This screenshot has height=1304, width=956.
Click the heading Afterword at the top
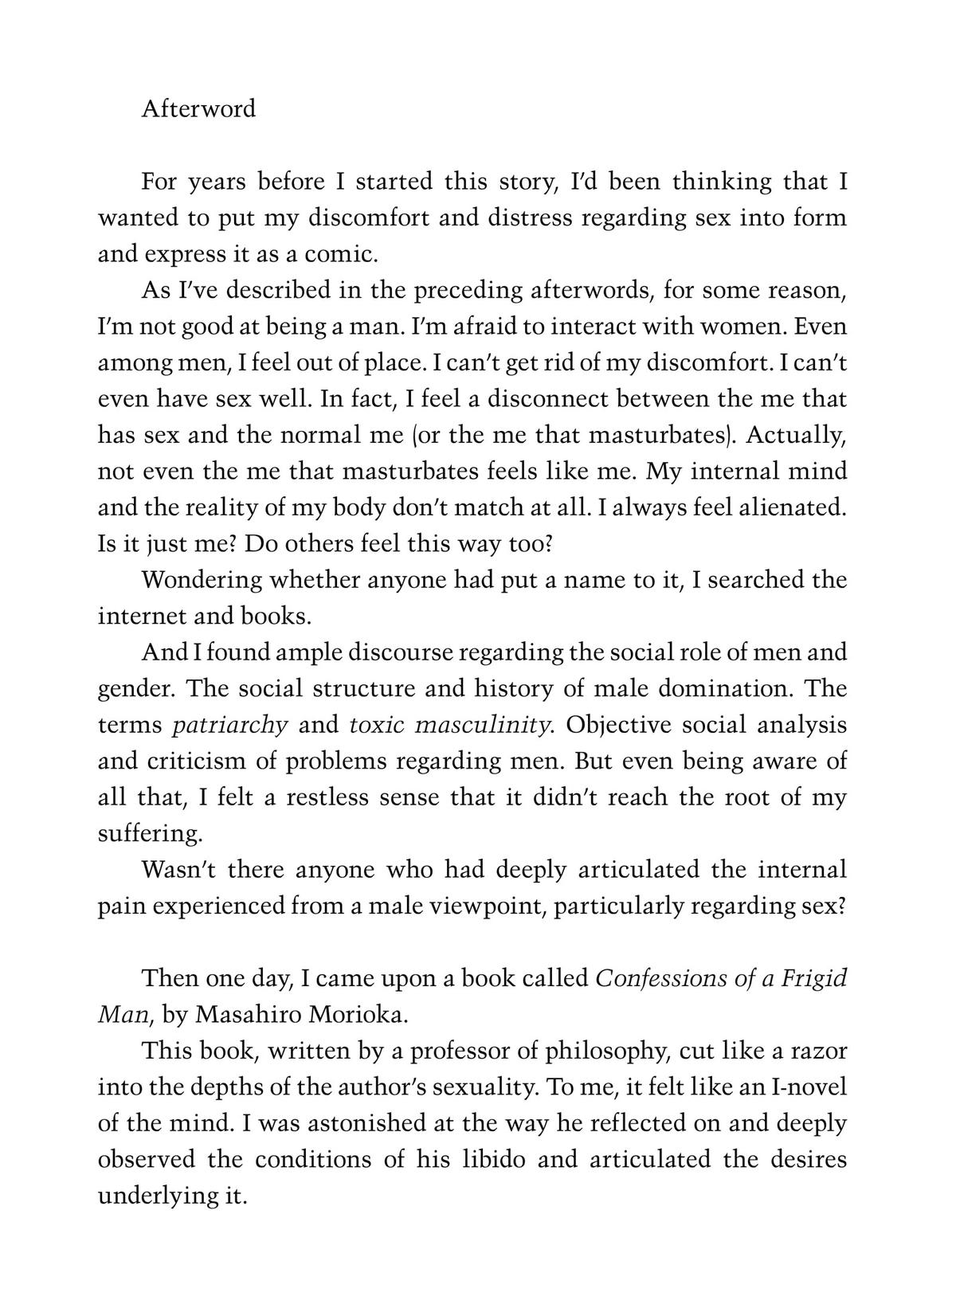point(198,108)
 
